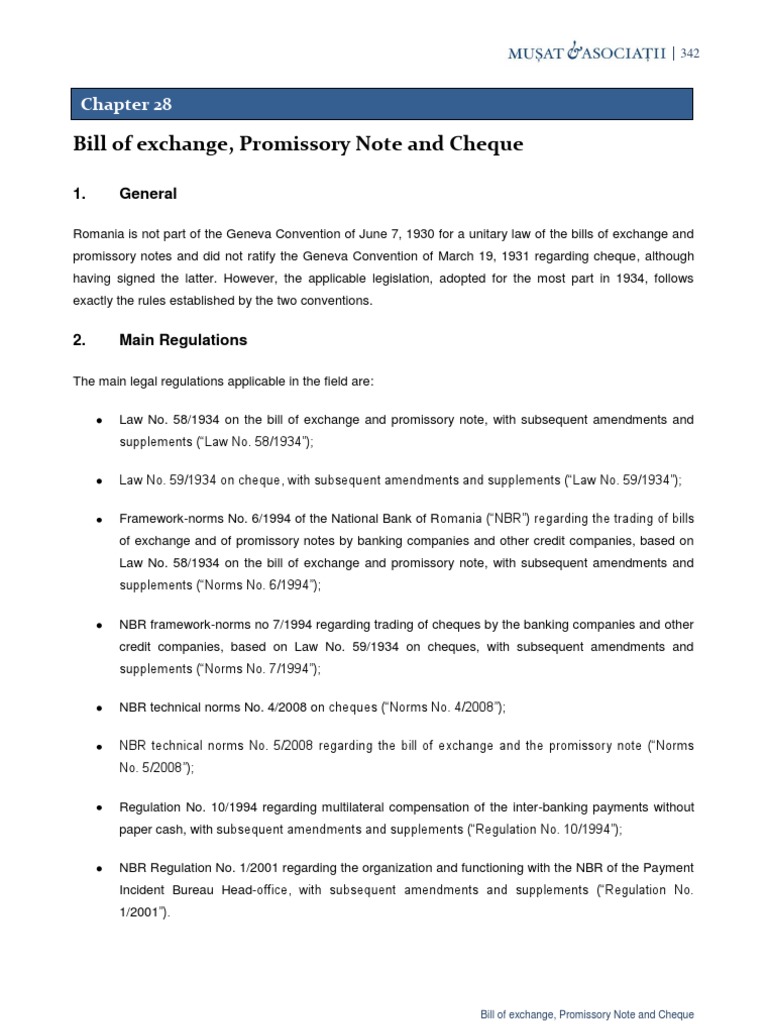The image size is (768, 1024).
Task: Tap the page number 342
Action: coord(690,54)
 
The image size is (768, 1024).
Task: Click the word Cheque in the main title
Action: coord(487,144)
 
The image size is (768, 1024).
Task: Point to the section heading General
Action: coord(148,193)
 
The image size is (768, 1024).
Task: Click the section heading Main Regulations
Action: coord(183,340)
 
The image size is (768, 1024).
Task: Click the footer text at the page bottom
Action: coord(587,1014)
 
